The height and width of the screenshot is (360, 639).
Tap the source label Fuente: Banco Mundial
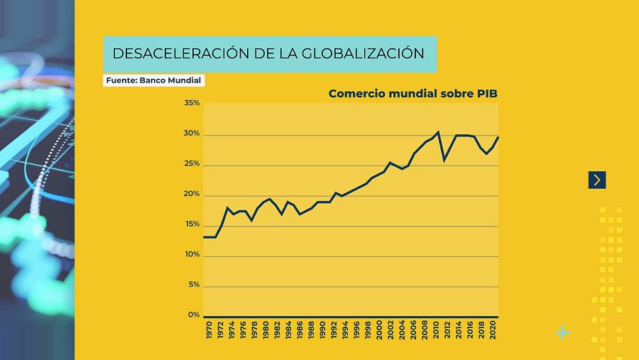point(154,81)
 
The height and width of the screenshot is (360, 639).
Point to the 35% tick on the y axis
point(192,104)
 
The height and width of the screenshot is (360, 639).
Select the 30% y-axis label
point(192,134)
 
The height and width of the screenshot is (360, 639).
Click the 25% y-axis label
point(192,165)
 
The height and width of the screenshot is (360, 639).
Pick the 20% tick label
point(192,195)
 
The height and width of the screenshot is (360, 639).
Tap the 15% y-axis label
point(192,225)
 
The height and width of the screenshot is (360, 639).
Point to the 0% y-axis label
point(193,315)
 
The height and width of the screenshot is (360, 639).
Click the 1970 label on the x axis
point(209,330)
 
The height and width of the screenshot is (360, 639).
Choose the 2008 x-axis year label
point(424,330)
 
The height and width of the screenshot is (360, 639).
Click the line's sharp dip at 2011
point(444,160)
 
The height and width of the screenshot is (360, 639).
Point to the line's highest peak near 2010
point(438,132)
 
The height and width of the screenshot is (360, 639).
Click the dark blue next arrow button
point(597,180)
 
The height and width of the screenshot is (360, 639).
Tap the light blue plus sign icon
point(562,332)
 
